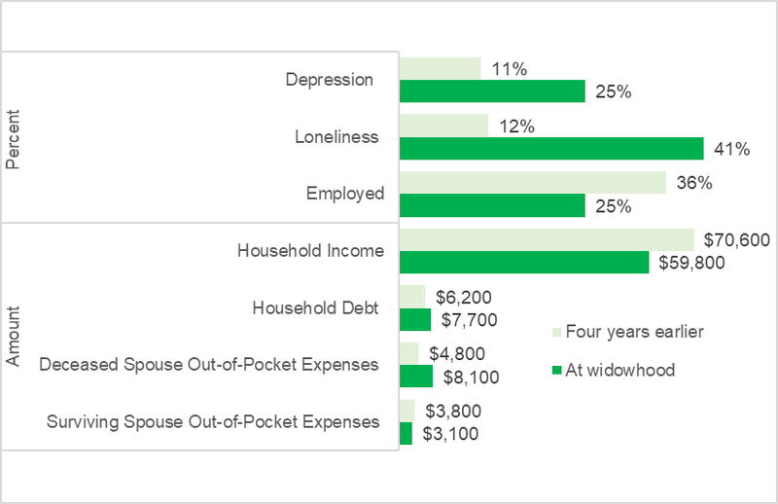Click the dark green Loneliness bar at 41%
(x=550, y=148)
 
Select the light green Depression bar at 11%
(x=440, y=68)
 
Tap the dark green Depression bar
(x=492, y=91)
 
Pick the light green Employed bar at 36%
(x=533, y=183)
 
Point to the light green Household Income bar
(x=547, y=239)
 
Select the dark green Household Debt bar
(x=414, y=319)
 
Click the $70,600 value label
(x=735, y=239)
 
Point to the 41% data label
(x=731, y=149)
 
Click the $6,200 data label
(x=464, y=296)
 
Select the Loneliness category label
(x=336, y=137)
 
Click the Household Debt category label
(x=314, y=307)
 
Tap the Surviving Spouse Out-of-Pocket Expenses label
(x=213, y=422)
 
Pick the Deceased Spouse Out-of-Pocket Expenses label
(x=208, y=365)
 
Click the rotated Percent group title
(x=14, y=144)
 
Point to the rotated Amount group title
(x=14, y=335)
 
